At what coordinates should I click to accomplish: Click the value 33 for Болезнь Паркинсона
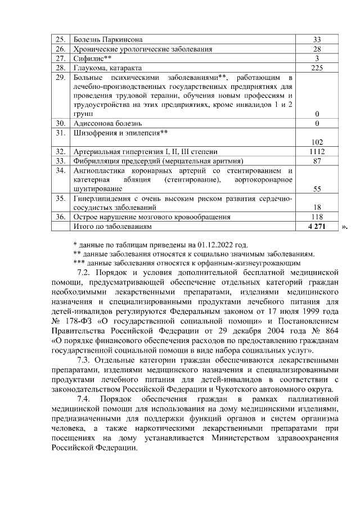317,40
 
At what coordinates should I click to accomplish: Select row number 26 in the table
60,49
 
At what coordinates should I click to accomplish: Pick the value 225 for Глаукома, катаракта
317,67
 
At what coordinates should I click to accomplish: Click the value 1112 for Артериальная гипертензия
317,152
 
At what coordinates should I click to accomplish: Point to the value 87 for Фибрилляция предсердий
317,161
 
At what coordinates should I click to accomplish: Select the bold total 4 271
317,226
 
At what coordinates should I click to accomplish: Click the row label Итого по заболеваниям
113,226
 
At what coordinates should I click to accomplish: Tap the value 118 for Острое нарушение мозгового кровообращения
317,217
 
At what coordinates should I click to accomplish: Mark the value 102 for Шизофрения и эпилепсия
317,142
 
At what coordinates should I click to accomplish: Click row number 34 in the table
60,170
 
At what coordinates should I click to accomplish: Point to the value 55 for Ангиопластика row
317,189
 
